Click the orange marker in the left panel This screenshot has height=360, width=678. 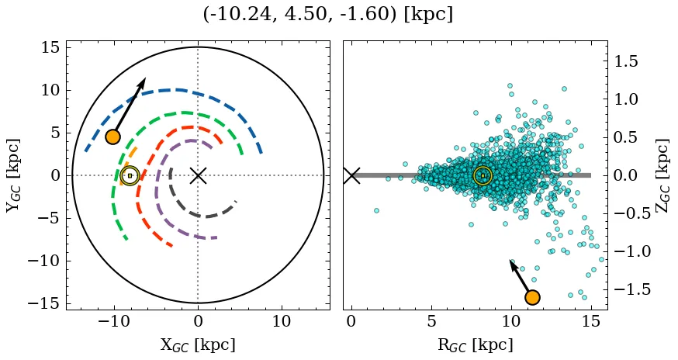pos(113,137)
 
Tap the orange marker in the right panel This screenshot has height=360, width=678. pos(532,297)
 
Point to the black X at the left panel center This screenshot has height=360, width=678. pos(198,175)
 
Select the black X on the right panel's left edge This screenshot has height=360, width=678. pos(351,175)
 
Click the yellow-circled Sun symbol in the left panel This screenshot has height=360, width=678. pos(130,175)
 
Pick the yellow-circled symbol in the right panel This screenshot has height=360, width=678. pos(483,175)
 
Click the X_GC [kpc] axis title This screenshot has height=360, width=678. pos(198,344)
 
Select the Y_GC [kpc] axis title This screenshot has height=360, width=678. pos(13,175)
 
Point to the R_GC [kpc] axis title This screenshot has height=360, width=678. pos(476,344)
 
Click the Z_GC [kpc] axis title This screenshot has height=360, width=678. pos(661,175)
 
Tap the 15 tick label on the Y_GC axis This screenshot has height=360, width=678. pos(50,48)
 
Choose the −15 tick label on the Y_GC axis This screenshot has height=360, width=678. pos(43,303)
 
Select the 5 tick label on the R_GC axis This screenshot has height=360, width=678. pos(431,321)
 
